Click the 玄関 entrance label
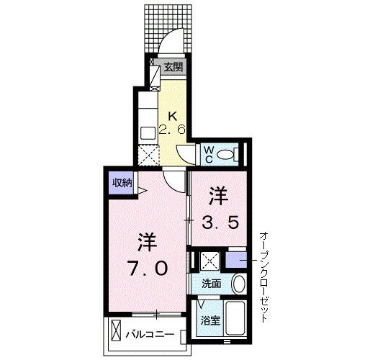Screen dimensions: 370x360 point(173,67)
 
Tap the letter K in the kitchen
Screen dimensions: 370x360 point(173,117)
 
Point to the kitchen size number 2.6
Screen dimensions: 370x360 point(172,130)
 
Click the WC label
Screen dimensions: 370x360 point(209,154)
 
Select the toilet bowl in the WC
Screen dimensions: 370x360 point(226,154)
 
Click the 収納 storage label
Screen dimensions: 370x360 point(122,183)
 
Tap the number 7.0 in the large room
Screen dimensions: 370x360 point(148,268)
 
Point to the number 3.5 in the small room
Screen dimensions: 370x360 point(220,222)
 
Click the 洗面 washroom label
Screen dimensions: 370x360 point(211,284)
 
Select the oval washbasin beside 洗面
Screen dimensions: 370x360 point(239,283)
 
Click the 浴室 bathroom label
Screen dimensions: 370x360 point(210,321)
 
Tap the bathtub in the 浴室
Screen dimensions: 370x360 point(235,318)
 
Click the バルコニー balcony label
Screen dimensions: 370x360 point(150,334)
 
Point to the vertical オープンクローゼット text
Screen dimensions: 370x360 point(263,277)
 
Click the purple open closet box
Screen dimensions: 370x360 point(236,260)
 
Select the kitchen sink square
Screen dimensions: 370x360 point(148,132)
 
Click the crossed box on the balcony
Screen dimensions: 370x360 point(117,330)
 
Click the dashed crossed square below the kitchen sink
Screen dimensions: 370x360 point(149,155)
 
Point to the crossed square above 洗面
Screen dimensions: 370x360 point(210,260)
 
